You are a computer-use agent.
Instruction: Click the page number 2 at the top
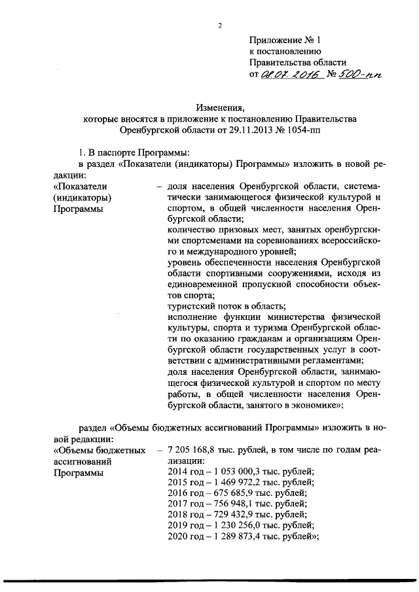[x=221, y=26]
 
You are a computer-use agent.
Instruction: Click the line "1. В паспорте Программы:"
[x=131, y=152]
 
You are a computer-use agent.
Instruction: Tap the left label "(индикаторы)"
[x=82, y=198]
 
